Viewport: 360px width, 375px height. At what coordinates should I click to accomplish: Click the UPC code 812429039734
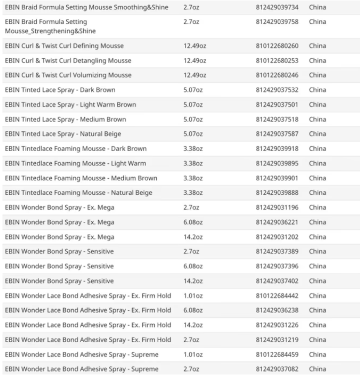coord(277,7)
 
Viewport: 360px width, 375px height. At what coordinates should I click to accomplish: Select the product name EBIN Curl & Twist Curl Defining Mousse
coord(64,46)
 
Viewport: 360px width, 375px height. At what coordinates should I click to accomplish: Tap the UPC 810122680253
coord(277,61)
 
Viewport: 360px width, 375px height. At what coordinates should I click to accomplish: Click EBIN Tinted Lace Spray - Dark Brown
coord(60,90)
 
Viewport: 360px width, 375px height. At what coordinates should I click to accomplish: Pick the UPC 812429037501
coord(277,105)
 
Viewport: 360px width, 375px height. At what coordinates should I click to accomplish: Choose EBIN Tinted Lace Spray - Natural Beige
coord(63,134)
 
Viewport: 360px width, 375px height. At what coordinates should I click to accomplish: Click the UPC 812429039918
coord(277,149)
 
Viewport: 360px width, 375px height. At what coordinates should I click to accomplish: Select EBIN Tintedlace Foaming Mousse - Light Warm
coord(75,163)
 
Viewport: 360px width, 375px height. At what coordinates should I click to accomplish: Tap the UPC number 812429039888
coord(277,193)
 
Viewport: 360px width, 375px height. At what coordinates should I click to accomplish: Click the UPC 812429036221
coord(277,222)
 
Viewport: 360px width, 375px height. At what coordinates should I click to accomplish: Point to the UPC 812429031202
coord(277,237)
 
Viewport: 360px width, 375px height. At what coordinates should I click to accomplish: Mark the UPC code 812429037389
coord(277,251)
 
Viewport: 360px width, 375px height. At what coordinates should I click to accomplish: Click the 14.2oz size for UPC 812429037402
coord(193,281)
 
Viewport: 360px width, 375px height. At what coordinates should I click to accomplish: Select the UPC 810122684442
coord(277,296)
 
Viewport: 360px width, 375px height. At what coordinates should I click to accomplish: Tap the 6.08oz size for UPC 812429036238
coord(193,310)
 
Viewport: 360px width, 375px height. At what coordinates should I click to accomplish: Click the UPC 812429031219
coord(277,340)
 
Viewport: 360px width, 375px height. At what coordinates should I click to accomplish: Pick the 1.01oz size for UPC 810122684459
coord(193,354)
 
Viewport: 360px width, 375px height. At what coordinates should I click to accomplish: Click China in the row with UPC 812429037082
coord(317,369)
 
